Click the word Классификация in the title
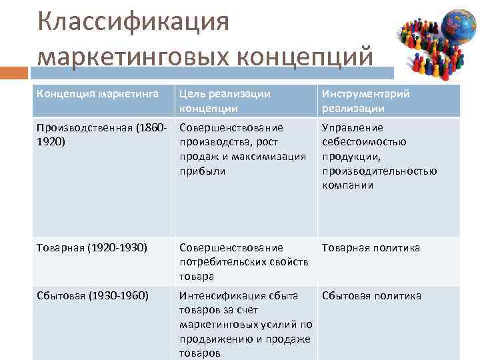pos(133,21)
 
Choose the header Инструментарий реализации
pos(366,101)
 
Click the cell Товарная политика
pos(371,248)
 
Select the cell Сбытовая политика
pos(371,296)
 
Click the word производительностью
pos(379,171)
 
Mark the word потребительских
pos(221,262)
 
